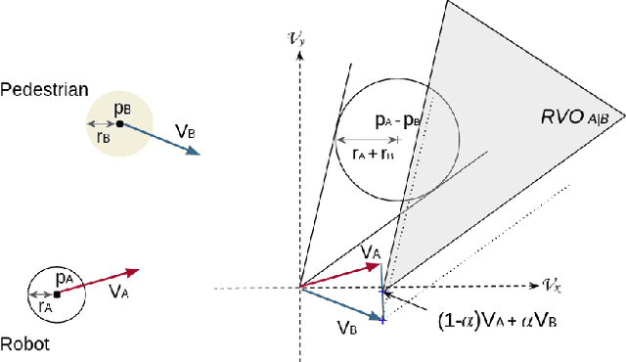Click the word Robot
pyautogui.click(x=25, y=343)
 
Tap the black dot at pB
pyautogui.click(x=119, y=124)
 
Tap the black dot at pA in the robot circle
pyautogui.click(x=57, y=294)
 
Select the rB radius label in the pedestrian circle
pyautogui.click(x=103, y=138)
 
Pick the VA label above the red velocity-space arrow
pyautogui.click(x=371, y=252)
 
